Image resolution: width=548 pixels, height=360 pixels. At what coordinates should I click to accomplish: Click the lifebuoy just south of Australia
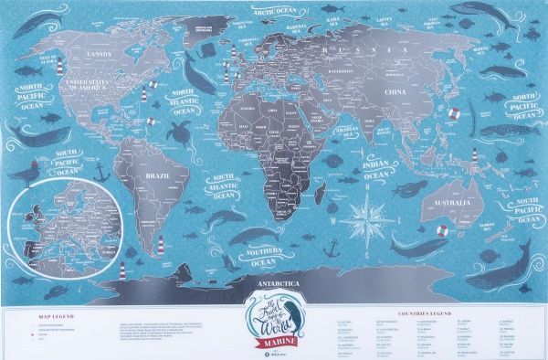441,230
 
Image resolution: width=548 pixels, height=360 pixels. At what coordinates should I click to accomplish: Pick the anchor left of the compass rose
333,247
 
